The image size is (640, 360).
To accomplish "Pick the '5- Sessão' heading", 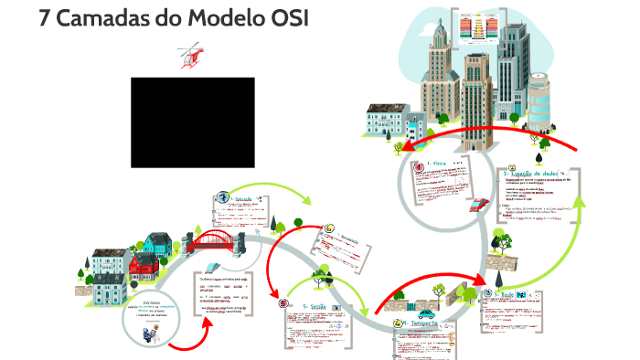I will point(315,307).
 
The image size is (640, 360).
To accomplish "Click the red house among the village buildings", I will point(143,266).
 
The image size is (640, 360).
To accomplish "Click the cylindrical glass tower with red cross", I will point(540,100).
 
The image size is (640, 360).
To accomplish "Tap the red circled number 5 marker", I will point(282,305).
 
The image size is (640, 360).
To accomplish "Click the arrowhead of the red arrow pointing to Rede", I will point(483,283).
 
